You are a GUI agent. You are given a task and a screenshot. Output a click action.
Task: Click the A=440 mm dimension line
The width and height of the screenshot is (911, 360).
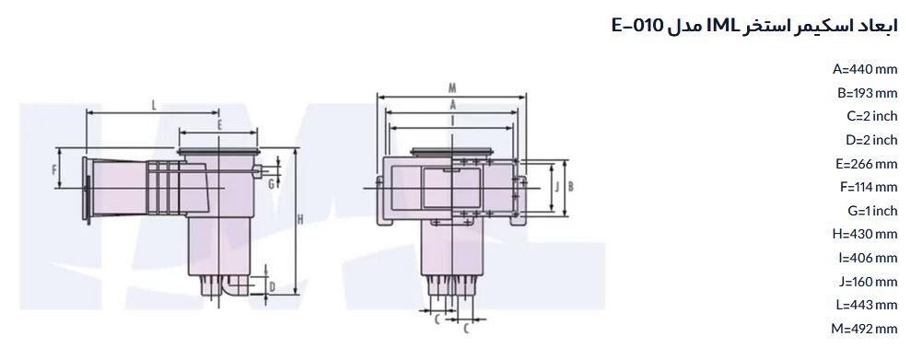[865, 69]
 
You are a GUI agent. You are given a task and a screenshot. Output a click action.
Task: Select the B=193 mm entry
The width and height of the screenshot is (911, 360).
[868, 93]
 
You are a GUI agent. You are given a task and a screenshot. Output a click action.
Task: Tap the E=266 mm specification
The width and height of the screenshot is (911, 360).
[867, 164]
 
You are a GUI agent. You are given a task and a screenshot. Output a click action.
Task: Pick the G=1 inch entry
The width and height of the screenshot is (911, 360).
[872, 211]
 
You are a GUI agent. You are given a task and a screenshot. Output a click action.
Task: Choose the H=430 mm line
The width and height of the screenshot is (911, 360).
[865, 234]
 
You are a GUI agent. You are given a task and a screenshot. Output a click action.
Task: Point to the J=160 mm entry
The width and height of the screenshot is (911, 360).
[868, 282]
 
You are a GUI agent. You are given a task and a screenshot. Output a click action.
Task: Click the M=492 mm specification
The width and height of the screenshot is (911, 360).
[865, 329]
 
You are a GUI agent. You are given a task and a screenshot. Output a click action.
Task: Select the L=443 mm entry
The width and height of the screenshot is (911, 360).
[867, 305]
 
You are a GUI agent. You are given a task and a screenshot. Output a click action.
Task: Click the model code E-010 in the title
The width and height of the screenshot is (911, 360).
[637, 26]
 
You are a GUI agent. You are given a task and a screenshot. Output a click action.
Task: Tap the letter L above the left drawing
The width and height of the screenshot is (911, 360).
[154, 105]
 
